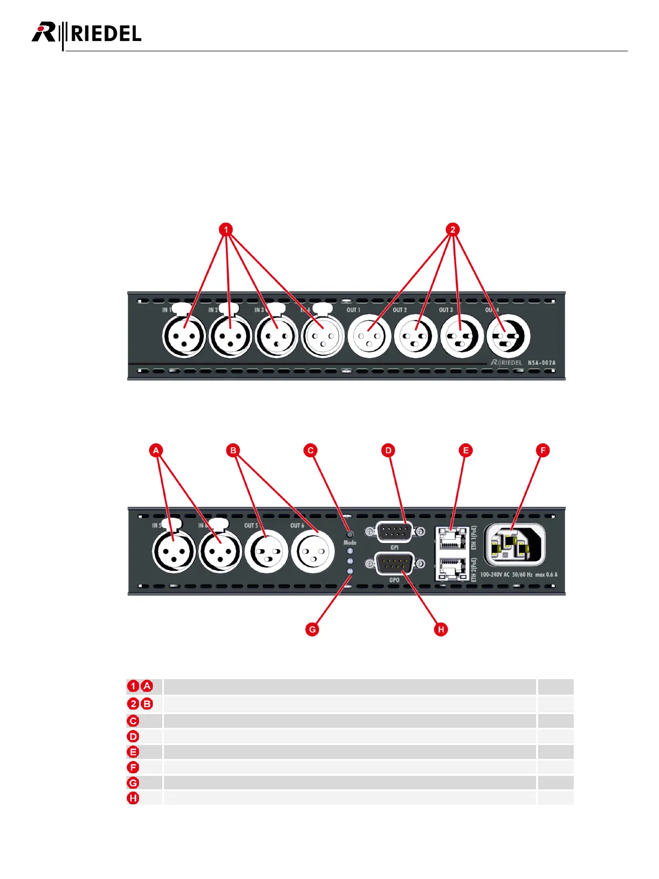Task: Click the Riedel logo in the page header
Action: pyautogui.click(x=86, y=34)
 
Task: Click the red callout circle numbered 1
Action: pyautogui.click(x=225, y=229)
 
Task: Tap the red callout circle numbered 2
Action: pyautogui.click(x=452, y=229)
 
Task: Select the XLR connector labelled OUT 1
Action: pyautogui.click(x=369, y=335)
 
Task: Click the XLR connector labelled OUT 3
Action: pyautogui.click(x=461, y=335)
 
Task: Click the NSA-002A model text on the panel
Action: pyautogui.click(x=541, y=363)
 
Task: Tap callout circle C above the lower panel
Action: pyautogui.click(x=311, y=450)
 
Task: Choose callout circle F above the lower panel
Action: pyautogui.click(x=543, y=450)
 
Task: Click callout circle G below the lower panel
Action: pyautogui.click(x=312, y=629)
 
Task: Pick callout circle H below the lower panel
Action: pyautogui.click(x=441, y=629)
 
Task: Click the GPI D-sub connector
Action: pyautogui.click(x=394, y=532)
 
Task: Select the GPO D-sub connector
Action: pyautogui.click(x=394, y=564)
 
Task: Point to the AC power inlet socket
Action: pyautogui.click(x=514, y=544)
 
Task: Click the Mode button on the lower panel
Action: pyautogui.click(x=350, y=534)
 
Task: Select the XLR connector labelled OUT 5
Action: pyautogui.click(x=266, y=551)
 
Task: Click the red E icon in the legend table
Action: pyautogui.click(x=133, y=752)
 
